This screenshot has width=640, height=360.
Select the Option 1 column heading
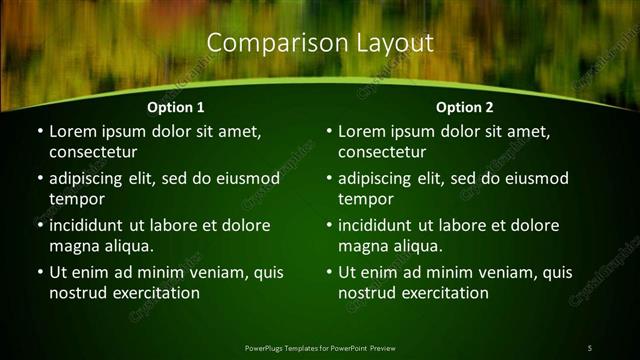point(176,107)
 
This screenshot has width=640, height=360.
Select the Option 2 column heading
point(465,107)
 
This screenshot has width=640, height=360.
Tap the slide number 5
point(589,347)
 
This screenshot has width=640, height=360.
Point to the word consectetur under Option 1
point(93,153)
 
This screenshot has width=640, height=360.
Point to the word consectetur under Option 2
point(382,153)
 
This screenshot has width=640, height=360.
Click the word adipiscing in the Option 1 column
point(93,178)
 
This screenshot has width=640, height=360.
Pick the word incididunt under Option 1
point(92,225)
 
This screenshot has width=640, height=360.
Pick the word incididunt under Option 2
point(381,225)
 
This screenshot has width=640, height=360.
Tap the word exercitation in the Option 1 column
point(155,293)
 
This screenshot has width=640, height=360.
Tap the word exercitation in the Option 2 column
point(444,293)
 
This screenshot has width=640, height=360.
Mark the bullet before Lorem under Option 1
point(38,132)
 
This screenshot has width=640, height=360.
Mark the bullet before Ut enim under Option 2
point(327,272)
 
